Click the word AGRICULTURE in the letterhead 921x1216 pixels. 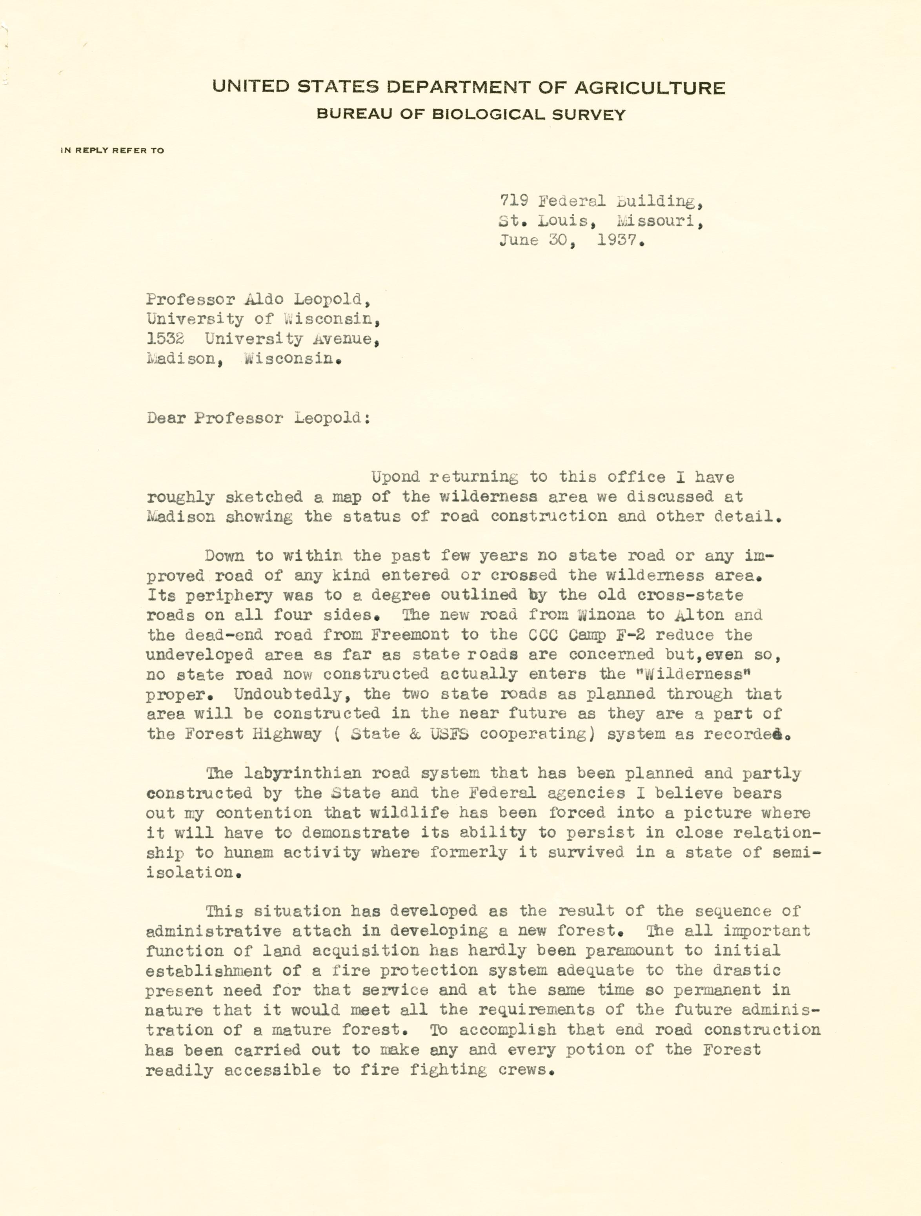pos(650,88)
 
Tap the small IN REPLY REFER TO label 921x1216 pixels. pos(113,150)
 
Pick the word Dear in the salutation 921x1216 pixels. pos(166,418)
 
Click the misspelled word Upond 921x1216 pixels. pos(395,477)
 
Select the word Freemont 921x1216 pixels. pos(410,635)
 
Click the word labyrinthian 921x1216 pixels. pos(302,773)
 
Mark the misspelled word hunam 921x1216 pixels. pos(248,853)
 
